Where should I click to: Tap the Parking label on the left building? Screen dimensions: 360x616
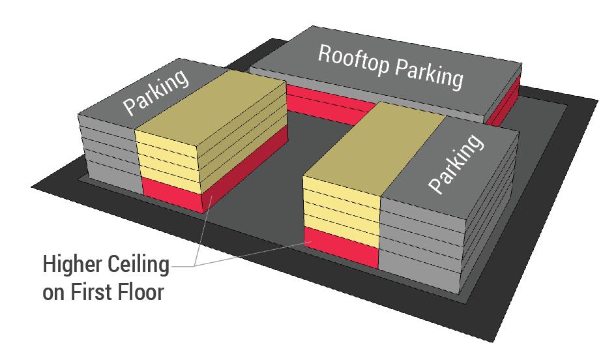pyautogui.click(x=156, y=91)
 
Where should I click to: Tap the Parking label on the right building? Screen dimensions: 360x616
pyautogui.click(x=457, y=164)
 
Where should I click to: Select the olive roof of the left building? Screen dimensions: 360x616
pyautogui.click(x=215, y=104)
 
